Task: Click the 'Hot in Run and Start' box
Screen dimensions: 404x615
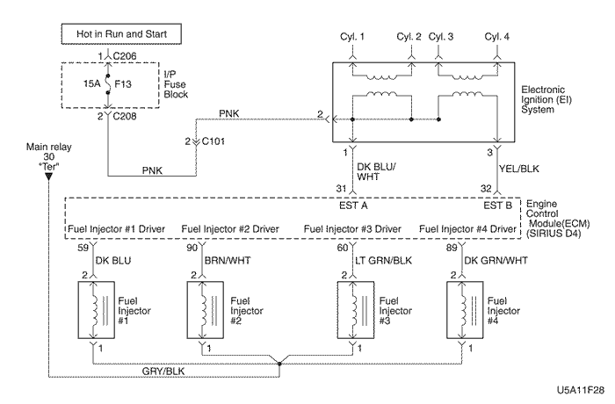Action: click(x=120, y=34)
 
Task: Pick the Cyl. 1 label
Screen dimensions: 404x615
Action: click(x=351, y=38)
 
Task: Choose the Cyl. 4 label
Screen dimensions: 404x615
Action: click(x=497, y=38)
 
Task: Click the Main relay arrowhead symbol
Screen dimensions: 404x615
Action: click(x=48, y=175)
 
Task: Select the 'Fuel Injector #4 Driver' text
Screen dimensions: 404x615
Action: click(x=479, y=229)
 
